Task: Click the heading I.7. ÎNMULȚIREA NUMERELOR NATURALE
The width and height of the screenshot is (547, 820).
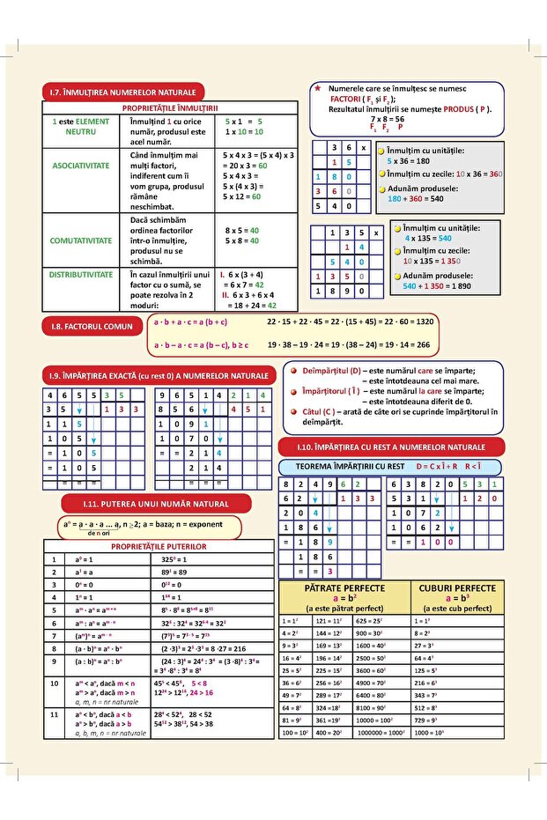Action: pyautogui.click(x=122, y=92)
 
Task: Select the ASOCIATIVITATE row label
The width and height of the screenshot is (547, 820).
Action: pyautogui.click(x=81, y=165)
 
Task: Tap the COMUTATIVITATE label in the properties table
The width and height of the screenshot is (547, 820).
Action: pyautogui.click(x=81, y=240)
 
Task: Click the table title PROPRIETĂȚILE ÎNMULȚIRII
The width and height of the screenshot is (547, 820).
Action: pyautogui.click(x=170, y=107)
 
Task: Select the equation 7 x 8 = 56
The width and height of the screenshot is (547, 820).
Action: pyautogui.click(x=387, y=119)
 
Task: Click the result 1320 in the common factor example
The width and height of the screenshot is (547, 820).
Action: pyautogui.click(x=418, y=322)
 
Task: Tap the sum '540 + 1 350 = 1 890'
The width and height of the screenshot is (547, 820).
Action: pyautogui.click(x=437, y=286)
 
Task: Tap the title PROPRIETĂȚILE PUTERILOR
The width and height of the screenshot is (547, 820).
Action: pyautogui.click(x=159, y=546)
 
